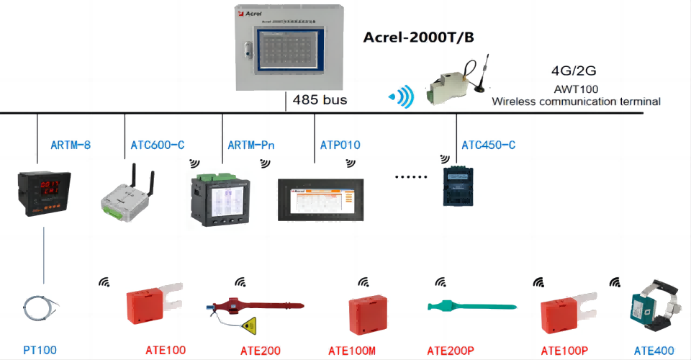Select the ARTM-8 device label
point(71,145)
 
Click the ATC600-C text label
point(158,145)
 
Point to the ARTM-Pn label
point(251,145)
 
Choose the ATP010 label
point(340,145)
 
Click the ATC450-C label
point(488,145)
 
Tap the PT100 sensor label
point(40,349)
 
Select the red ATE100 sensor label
point(166,351)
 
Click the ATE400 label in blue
point(654,351)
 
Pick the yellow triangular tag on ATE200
point(250,325)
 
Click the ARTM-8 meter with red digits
point(44,193)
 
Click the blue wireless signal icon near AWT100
point(402,96)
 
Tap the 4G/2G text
point(573,71)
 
